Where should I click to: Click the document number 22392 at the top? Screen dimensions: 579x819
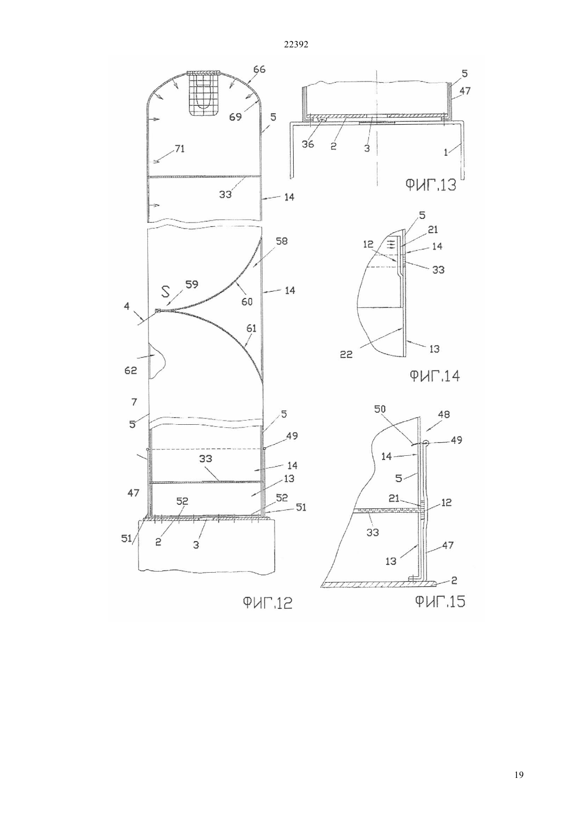296,45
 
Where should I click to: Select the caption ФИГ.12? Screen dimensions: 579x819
267,603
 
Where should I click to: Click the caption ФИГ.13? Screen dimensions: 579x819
431,185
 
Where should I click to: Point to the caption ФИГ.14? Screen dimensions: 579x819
434,376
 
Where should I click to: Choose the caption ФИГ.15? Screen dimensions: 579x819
440,602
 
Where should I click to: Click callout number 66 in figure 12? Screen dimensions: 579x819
259,69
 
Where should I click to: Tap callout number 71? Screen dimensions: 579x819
179,149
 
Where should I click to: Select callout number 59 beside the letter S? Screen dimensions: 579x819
192,284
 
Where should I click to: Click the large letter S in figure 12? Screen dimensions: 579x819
166,291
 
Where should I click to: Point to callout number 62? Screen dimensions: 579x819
131,371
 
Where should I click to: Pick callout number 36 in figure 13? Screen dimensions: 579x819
308,144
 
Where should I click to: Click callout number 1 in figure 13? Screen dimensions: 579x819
446,152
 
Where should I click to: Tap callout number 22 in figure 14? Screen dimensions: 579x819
346,354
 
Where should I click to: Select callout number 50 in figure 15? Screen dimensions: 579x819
380,409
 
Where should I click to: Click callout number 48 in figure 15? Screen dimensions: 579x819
443,415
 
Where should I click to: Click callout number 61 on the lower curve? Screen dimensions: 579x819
251,328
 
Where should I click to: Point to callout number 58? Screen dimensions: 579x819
282,241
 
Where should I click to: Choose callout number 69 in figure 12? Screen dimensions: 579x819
236,117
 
